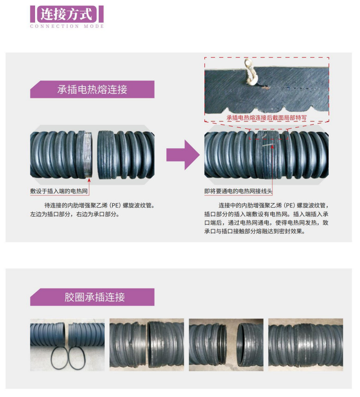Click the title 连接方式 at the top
[x=66, y=14]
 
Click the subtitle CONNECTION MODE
[x=67, y=26]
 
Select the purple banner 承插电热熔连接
[x=92, y=90]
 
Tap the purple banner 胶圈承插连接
[x=92, y=297]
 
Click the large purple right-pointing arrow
[x=183, y=155]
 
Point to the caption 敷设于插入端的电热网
[x=59, y=191]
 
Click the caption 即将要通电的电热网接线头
[x=238, y=191]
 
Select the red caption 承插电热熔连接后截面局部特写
[x=266, y=118]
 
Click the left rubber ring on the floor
[x=60, y=358]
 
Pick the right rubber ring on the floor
[x=77, y=358]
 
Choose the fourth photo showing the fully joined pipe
[x=306, y=345]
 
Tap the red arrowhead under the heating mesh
[x=89, y=180]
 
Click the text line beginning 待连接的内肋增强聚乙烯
[x=99, y=205]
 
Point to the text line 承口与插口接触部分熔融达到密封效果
[x=255, y=231]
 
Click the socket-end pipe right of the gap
[x=126, y=155]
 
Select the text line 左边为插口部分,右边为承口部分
[x=75, y=214]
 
